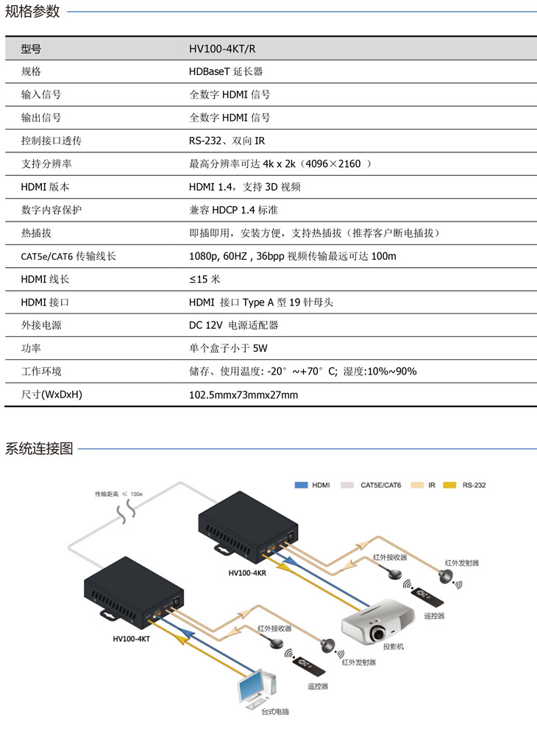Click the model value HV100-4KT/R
[x=222, y=49]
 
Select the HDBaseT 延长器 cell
[x=226, y=72]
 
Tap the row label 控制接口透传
[x=51, y=141]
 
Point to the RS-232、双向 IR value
[x=227, y=141]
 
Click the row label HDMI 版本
[x=45, y=187]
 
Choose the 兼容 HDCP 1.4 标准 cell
[x=234, y=210]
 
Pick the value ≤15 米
[x=205, y=279]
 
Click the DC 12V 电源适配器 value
[x=234, y=325]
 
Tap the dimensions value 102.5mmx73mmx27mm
[x=243, y=394]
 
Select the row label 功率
[x=31, y=348]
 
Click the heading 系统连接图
[x=39, y=449]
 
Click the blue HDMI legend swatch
[x=301, y=485]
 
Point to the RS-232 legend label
[x=474, y=485]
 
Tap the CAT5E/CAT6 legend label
[x=381, y=485]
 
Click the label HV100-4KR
[x=247, y=573]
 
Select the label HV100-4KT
[x=132, y=638]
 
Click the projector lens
[x=377, y=633]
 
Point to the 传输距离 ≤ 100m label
[x=118, y=494]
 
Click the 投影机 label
[x=393, y=647]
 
